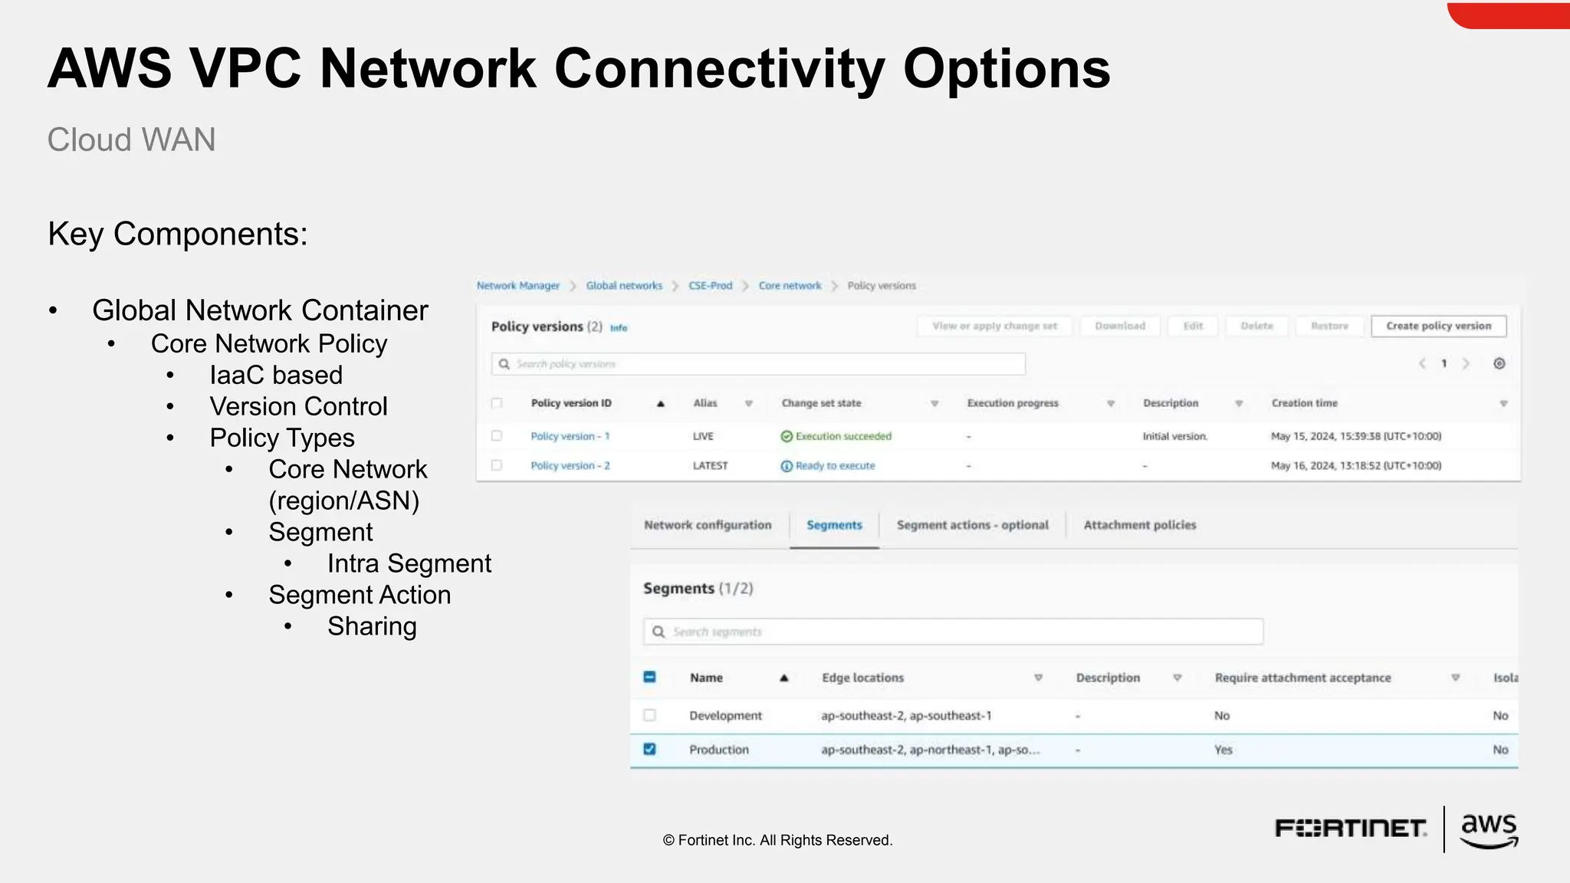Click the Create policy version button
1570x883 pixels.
click(x=1438, y=326)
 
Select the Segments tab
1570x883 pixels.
click(x=834, y=525)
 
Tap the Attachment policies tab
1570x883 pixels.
click(x=1139, y=525)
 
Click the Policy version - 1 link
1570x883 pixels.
click(x=570, y=436)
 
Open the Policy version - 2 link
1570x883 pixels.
click(x=570, y=465)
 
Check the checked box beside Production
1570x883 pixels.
click(x=649, y=749)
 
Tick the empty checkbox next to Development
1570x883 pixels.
click(x=649, y=715)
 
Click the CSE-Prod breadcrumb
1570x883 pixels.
click(x=710, y=286)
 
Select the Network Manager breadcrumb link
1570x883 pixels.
click(x=518, y=286)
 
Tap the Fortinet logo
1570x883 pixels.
click(x=1350, y=829)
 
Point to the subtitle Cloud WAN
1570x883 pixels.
click(x=131, y=140)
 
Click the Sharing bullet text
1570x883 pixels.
click(x=372, y=626)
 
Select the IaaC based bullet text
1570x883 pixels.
click(x=276, y=375)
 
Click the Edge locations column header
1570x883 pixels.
click(x=862, y=678)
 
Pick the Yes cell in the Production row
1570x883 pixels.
click(x=1223, y=750)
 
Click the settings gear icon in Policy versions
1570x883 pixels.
click(x=1499, y=363)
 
